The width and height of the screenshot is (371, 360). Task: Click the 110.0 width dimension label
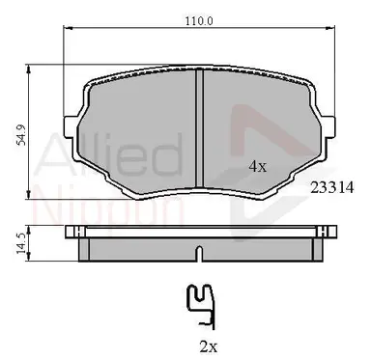point(199,21)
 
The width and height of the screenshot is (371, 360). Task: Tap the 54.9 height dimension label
point(21,134)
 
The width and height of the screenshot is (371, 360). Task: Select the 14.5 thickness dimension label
point(21,243)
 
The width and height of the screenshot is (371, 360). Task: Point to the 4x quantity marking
point(258,166)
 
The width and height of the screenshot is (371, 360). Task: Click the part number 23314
point(331,187)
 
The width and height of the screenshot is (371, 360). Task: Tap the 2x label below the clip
point(209,346)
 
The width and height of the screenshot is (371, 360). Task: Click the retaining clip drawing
point(201,306)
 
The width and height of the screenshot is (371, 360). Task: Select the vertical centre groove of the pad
point(200,128)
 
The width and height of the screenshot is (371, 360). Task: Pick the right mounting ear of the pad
point(328,126)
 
